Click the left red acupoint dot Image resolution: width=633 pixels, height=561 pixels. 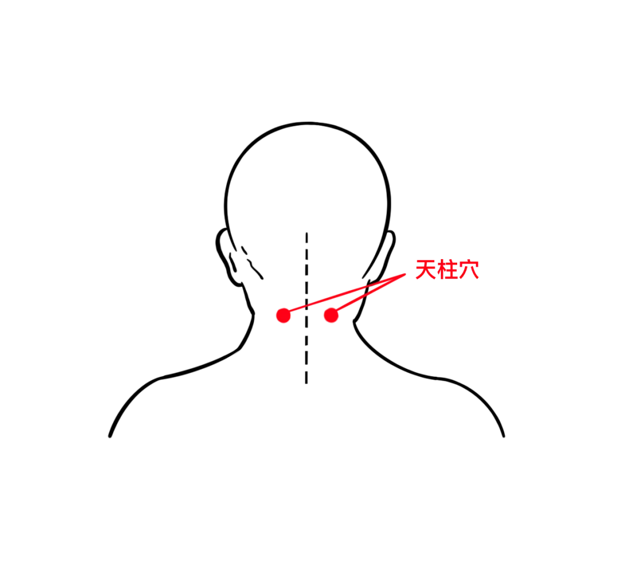[284, 315]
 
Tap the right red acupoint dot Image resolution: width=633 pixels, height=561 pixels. [331, 315]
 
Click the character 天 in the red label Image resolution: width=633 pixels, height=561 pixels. [426, 270]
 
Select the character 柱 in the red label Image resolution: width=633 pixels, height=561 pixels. [447, 270]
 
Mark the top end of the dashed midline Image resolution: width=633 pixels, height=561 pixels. [307, 233]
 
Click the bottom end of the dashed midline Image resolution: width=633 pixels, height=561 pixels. [307, 383]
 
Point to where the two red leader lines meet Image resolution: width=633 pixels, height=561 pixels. [404, 275]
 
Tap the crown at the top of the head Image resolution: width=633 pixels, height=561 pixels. [308, 123]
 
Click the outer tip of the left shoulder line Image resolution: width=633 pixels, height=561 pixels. [110, 436]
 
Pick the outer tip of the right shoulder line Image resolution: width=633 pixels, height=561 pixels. [504, 436]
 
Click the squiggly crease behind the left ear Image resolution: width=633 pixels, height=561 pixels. [252, 263]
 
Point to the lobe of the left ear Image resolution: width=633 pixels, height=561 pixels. [236, 281]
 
